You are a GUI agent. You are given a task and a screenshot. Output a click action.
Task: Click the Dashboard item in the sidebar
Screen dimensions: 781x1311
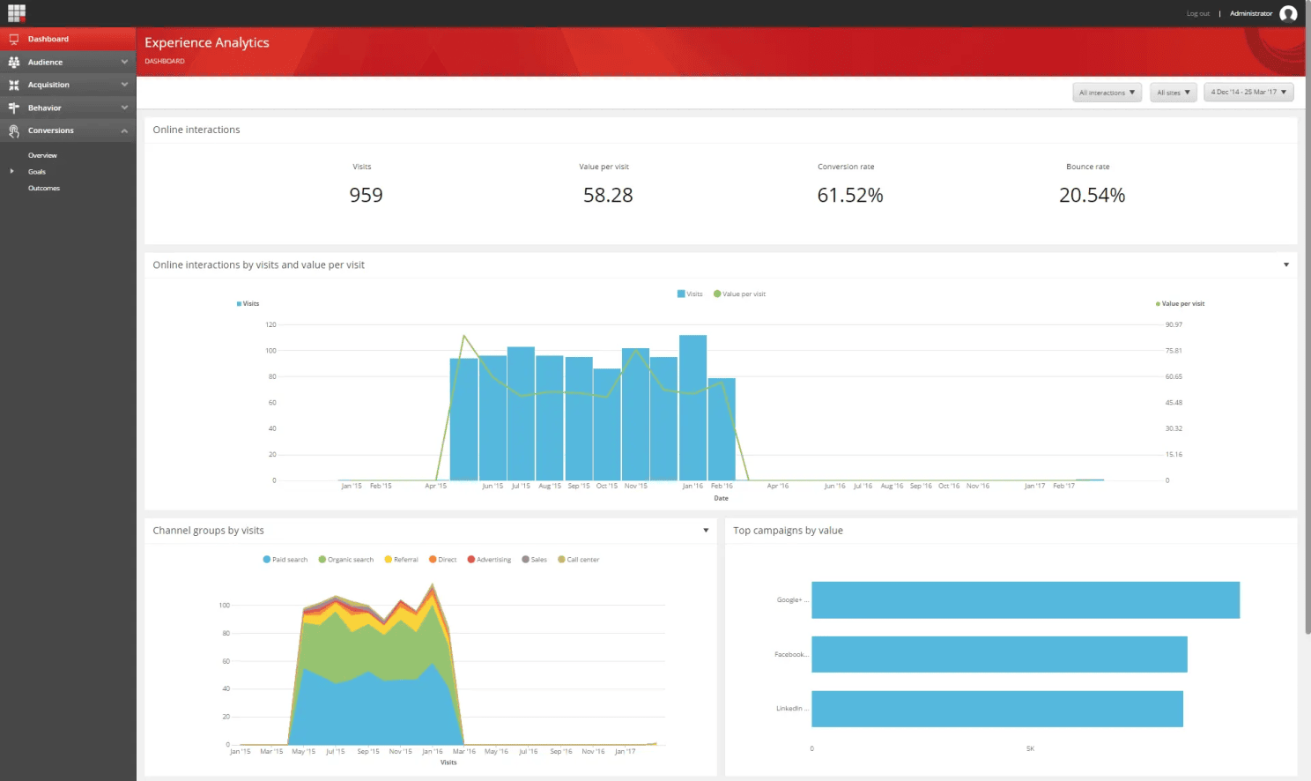48,39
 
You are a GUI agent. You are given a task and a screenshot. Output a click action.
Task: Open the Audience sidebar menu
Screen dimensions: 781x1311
45,62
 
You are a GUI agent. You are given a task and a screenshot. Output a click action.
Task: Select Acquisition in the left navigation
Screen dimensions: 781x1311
48,85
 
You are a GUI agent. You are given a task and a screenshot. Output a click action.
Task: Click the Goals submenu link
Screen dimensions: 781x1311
37,172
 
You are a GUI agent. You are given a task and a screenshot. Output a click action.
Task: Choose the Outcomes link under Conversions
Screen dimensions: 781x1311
44,188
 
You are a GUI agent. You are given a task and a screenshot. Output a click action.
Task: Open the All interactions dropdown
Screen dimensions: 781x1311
1107,93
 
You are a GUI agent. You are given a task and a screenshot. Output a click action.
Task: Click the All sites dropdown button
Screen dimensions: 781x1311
1173,93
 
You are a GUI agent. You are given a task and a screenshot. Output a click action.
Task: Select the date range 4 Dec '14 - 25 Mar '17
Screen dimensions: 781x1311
1248,93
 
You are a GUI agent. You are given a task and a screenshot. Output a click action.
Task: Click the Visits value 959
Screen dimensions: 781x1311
366,195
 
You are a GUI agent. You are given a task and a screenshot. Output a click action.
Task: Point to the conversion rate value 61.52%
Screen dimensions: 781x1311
849,195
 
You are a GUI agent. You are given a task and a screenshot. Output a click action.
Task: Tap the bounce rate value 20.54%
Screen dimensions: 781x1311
1092,195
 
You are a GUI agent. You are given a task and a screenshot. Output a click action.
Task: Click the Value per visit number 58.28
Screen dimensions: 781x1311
608,195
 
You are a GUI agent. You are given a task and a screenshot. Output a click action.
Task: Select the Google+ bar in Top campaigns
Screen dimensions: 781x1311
1025,599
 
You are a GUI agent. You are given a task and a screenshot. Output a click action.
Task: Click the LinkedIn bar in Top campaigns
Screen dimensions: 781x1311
996,709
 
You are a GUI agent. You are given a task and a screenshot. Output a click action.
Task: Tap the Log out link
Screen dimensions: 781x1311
1197,14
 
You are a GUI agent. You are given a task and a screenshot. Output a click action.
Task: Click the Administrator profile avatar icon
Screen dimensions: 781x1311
1288,13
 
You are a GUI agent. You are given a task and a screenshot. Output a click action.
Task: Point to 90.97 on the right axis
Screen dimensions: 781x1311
1174,324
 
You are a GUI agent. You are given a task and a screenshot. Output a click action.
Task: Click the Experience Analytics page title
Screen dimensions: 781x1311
207,42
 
